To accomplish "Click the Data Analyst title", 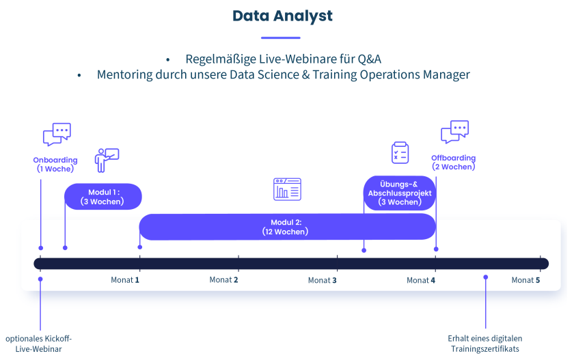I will pos(282,16).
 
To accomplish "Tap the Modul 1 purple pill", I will pos(103,197).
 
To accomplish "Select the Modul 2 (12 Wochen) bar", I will pos(287,227).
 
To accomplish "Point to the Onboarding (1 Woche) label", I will pos(55,165).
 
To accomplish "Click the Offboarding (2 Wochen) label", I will pos(453,163).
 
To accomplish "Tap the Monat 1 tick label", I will pos(125,280).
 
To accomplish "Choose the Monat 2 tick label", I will pos(224,280).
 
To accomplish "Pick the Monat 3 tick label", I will pos(323,280).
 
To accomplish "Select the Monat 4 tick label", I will pos(421,280).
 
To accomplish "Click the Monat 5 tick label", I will pos(526,280).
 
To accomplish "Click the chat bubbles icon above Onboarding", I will pos(57,135).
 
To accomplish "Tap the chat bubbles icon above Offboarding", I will pos(454,132).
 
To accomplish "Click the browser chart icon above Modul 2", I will pos(287,189).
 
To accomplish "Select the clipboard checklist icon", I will pos(400,153).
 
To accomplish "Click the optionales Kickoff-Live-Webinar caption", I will pos(39,344).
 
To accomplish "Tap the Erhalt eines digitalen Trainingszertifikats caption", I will pos(485,344).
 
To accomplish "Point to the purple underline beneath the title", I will pos(281,38).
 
